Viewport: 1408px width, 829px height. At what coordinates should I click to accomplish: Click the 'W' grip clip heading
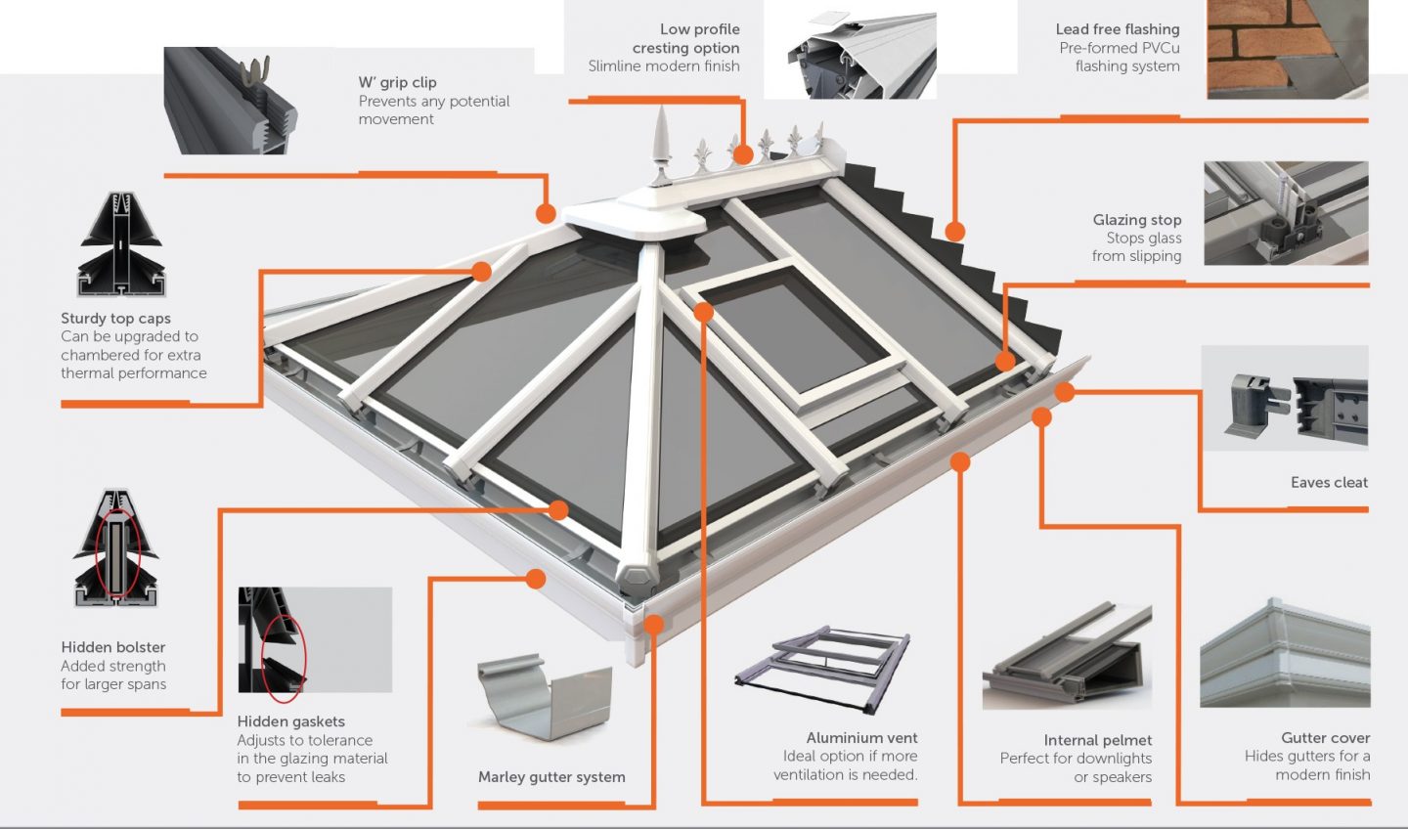pyautogui.click(x=397, y=82)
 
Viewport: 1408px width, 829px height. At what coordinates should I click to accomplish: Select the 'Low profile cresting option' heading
pyautogui.click(x=685, y=38)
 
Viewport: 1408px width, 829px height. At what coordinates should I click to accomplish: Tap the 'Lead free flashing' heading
pyautogui.click(x=1118, y=29)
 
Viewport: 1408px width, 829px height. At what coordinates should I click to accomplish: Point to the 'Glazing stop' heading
pyautogui.click(x=1137, y=220)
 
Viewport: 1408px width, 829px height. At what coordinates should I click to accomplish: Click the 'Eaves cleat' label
pyautogui.click(x=1329, y=482)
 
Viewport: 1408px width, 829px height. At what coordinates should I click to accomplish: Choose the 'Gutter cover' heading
pyautogui.click(x=1325, y=737)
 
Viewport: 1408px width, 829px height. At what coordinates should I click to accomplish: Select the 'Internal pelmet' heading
pyautogui.click(x=1097, y=740)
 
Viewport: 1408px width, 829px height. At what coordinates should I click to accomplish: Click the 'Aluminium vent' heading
pyautogui.click(x=861, y=738)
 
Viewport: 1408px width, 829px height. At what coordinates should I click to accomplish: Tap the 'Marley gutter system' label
pyautogui.click(x=551, y=777)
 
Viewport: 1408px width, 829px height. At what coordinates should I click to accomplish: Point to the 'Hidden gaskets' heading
pyautogui.click(x=290, y=721)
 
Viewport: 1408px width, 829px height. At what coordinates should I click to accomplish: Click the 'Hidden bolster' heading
pyautogui.click(x=113, y=647)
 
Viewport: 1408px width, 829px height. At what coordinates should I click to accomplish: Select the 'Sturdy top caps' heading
pyautogui.click(x=115, y=318)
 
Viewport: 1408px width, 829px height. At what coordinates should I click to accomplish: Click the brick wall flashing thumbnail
pyautogui.click(x=1287, y=49)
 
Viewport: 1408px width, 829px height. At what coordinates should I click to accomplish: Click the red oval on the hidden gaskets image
pyautogui.click(x=286, y=660)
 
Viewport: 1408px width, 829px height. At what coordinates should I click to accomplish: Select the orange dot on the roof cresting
pyautogui.click(x=743, y=154)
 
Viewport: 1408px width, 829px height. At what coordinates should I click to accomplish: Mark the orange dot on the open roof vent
pyautogui.click(x=703, y=312)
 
